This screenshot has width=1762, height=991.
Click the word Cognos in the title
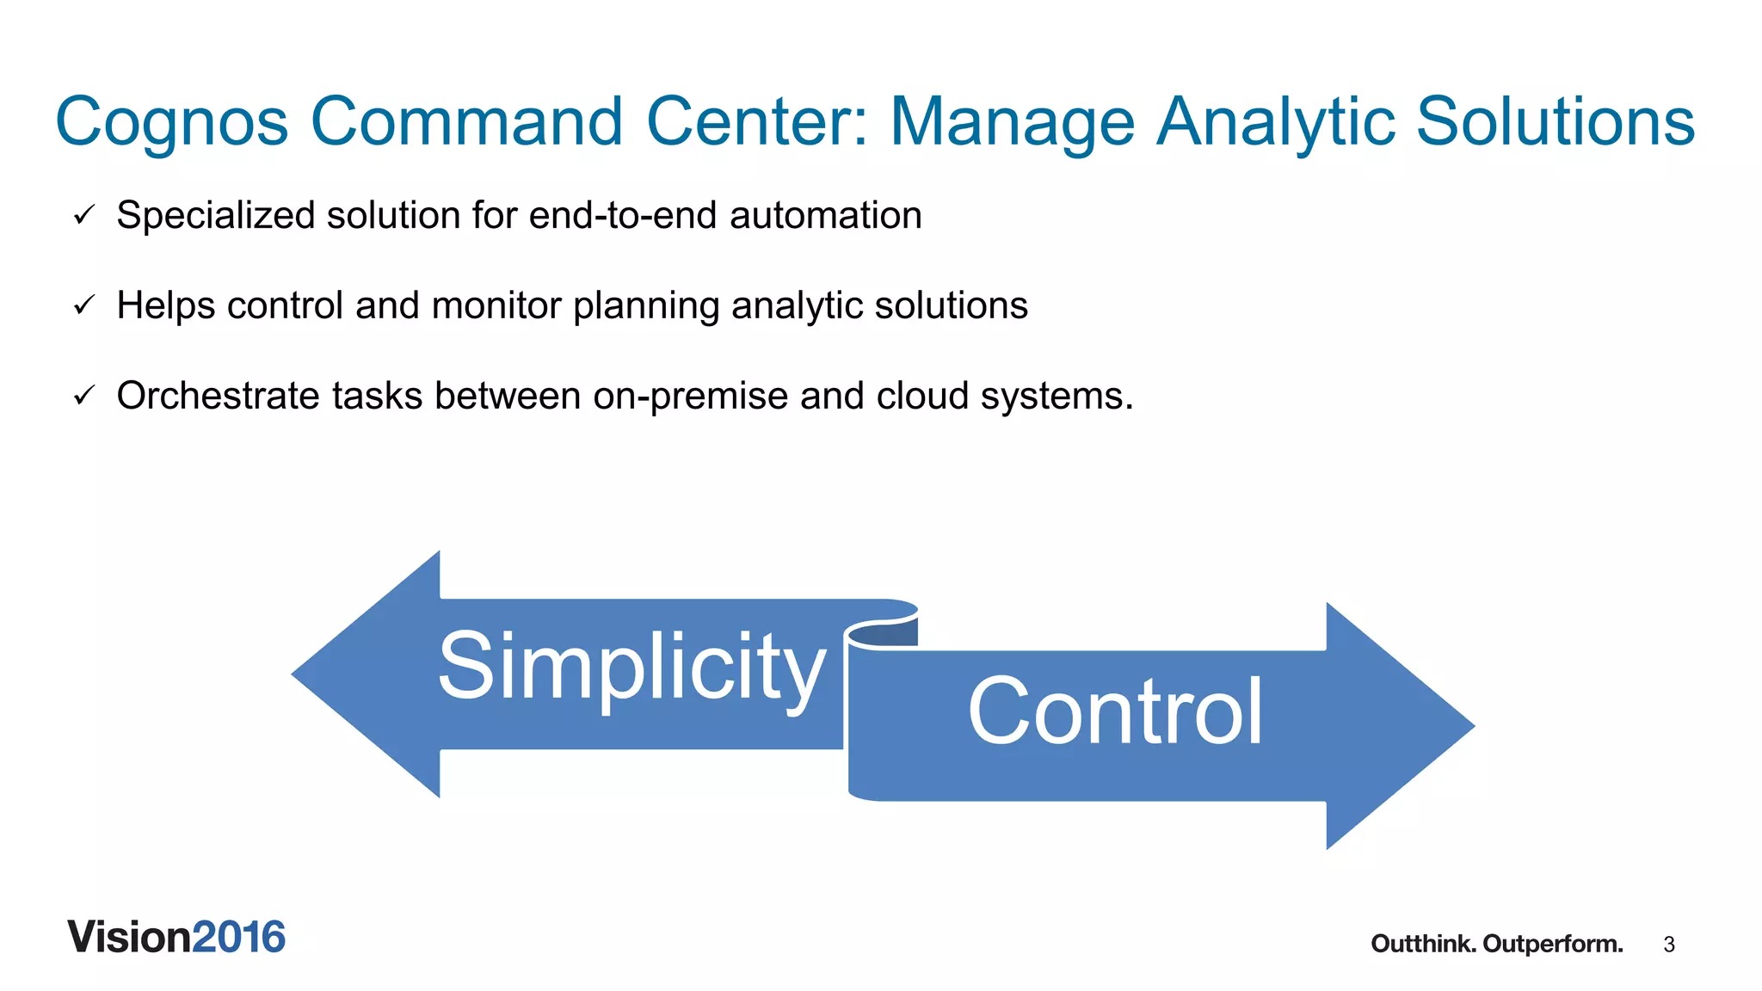pos(171,122)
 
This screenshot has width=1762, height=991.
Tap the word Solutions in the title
pos(1555,121)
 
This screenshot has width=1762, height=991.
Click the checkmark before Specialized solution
pos(83,215)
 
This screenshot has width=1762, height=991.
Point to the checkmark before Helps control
pos(83,305)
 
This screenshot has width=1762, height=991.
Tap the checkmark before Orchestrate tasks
pos(83,396)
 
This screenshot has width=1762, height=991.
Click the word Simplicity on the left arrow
pos(631,667)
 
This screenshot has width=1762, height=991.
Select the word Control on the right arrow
pos(1115,711)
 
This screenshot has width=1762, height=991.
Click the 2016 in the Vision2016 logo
pos(238,937)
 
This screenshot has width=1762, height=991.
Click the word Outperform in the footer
pos(1552,944)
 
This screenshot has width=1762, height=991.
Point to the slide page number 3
pos(1669,945)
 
